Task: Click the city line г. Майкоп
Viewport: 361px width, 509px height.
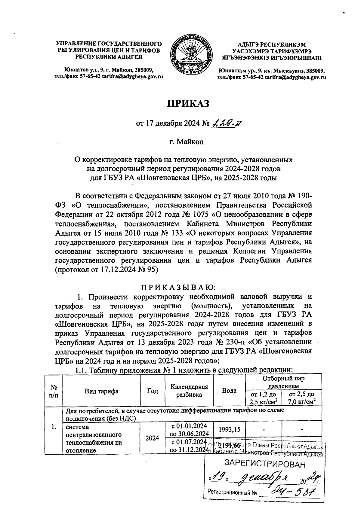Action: pyautogui.click(x=186, y=142)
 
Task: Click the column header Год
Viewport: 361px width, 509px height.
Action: pyautogui.click(x=153, y=391)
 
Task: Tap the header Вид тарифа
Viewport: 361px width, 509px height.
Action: pyautogui.click(x=101, y=391)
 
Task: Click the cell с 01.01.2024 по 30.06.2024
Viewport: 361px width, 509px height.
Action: pyautogui.click(x=189, y=430)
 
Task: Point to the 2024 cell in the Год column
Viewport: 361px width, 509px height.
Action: pyautogui.click(x=153, y=438)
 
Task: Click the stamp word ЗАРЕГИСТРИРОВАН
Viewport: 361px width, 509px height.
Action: pyautogui.click(x=265, y=464)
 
